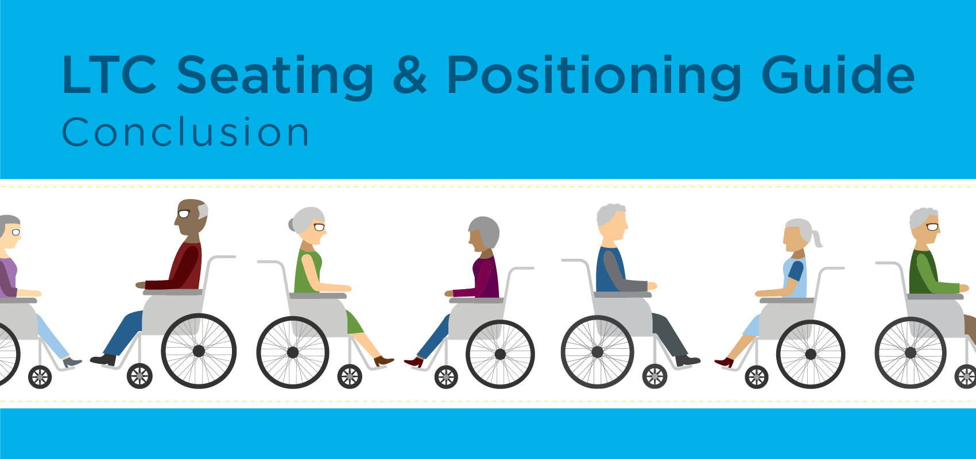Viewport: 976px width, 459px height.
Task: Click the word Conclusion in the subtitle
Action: click(185, 133)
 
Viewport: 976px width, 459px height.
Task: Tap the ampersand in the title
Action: click(409, 75)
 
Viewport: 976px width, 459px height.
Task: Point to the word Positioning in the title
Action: click(594, 76)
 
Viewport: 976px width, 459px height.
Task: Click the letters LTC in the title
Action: click(109, 75)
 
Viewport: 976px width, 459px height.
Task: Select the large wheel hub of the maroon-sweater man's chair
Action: click(199, 351)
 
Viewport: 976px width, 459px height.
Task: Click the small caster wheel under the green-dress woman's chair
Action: click(350, 376)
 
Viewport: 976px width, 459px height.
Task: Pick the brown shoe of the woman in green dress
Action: click(384, 361)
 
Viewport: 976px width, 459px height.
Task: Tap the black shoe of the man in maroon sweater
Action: click(103, 360)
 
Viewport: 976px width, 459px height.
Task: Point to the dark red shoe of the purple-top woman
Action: click(414, 362)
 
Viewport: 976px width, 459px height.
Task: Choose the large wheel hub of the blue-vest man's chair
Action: click(597, 352)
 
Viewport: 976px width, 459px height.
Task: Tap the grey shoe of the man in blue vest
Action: click(688, 361)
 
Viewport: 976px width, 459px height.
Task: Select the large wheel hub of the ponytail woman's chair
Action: click(811, 354)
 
